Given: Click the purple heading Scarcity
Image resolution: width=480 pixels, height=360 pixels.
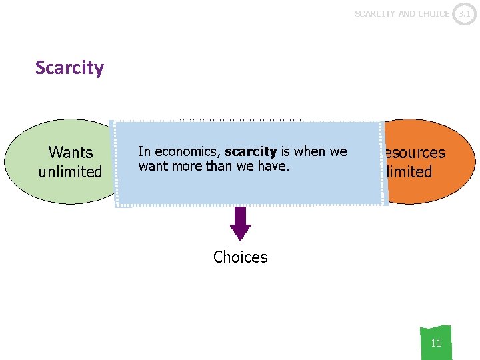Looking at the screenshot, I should tap(69, 68).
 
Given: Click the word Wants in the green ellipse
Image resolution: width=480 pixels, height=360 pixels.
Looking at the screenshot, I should tap(70, 153).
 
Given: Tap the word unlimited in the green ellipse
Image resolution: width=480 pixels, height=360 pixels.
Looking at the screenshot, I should tap(70, 172).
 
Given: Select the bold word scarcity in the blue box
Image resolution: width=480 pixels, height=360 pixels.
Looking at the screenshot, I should tap(251, 152).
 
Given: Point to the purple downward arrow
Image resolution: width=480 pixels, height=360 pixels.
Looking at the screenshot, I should tap(240, 223).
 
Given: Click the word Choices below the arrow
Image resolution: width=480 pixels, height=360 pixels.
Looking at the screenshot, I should tap(240, 257).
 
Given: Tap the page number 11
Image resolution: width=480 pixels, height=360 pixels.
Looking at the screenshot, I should tap(436, 343).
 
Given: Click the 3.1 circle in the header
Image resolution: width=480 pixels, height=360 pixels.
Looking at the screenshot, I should tap(465, 13).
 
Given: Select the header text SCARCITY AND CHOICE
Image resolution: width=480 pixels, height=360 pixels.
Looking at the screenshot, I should tap(401, 13).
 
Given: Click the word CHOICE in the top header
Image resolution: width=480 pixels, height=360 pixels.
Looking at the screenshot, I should tap(433, 13).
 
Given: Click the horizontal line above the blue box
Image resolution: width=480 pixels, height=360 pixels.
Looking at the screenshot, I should tap(240, 119).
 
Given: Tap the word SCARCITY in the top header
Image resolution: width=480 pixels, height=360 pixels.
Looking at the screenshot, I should tap(375, 13).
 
